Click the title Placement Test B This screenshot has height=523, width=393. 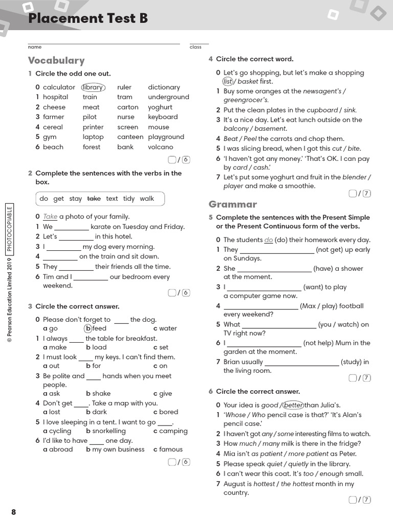click(88, 18)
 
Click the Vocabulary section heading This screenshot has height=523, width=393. click(56, 60)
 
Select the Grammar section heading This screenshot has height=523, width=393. click(232, 204)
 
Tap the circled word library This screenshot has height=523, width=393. click(93, 87)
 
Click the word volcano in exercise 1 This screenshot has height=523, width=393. click(161, 147)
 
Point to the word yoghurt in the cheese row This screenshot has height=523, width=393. click(160, 107)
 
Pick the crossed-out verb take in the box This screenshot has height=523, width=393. click(94, 199)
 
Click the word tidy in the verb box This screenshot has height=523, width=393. click(129, 199)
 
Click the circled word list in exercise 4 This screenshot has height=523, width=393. click(228, 82)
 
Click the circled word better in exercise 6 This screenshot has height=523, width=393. click(293, 405)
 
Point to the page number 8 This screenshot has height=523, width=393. click(13, 512)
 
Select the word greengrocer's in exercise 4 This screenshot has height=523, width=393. click(246, 100)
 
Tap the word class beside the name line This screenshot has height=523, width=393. click(195, 47)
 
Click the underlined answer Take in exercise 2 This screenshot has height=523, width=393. click(50, 217)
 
